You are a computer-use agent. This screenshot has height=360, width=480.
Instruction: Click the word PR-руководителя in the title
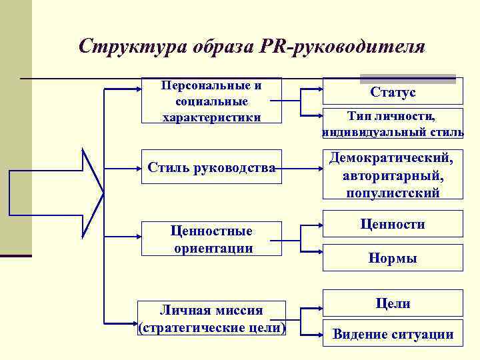[343, 47]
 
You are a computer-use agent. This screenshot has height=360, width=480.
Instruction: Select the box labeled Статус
[393, 91]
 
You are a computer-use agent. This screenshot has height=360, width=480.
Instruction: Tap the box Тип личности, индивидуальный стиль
[393, 124]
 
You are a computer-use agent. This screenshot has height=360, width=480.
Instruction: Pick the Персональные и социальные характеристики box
[211, 101]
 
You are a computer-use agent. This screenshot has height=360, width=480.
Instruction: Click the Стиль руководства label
[211, 167]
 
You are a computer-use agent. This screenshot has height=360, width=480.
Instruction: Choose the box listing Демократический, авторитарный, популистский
[393, 175]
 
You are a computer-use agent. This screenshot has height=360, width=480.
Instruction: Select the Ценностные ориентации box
[211, 239]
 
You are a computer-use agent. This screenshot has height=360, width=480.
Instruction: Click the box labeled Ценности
[393, 225]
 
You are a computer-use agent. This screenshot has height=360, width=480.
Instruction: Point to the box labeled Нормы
[393, 258]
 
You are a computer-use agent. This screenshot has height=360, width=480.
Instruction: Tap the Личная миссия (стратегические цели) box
[211, 319]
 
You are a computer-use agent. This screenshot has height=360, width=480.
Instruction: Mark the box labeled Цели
[393, 303]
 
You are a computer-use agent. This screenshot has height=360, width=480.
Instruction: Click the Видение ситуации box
[393, 335]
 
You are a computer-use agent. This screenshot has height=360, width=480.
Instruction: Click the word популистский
[393, 193]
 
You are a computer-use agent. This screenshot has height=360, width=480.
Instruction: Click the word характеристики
[211, 117]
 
